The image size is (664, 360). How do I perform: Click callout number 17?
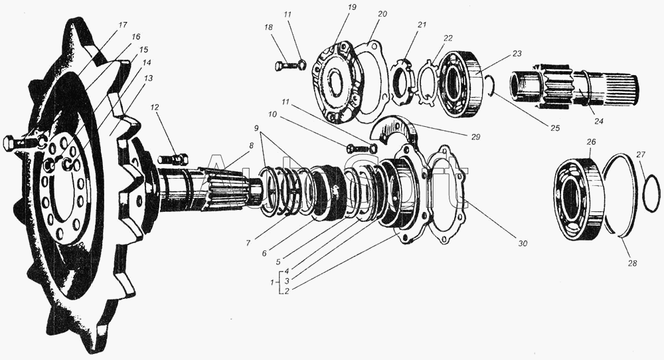tap(124, 25)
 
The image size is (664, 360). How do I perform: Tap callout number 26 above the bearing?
tap(592, 141)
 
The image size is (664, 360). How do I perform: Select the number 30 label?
tap(523, 244)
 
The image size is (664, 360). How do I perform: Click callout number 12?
tap(154, 108)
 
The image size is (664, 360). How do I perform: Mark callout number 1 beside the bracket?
tap(273, 282)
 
